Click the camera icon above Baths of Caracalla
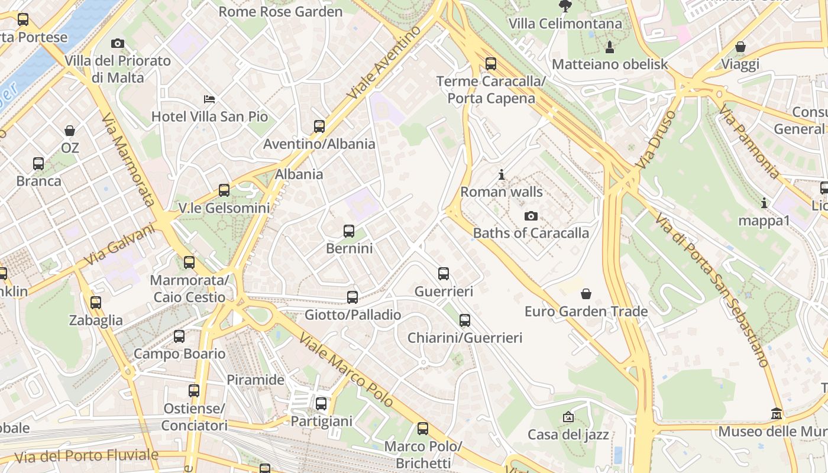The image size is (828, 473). tap(531, 216)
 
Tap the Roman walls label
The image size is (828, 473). tap(502, 192)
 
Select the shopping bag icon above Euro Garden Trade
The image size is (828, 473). tap(586, 294)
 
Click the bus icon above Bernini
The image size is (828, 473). tap(349, 231)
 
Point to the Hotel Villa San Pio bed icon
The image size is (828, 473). tap(209, 99)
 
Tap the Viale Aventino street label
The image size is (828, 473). tap(384, 63)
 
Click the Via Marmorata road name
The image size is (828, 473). tap(128, 160)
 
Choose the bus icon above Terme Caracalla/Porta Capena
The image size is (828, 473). tap(491, 64)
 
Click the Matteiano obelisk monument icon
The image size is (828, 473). tap(609, 47)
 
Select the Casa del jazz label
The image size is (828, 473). tap(568, 435)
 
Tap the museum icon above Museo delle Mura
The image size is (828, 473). tap(777, 414)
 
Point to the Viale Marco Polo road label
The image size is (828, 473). tap(347, 370)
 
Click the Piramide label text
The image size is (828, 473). tap(256, 380)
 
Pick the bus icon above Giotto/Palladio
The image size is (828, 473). tap(352, 297)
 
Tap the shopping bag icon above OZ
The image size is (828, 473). tap(70, 131)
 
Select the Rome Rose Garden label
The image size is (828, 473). tap(280, 12)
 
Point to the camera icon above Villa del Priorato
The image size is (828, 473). tap(118, 43)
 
